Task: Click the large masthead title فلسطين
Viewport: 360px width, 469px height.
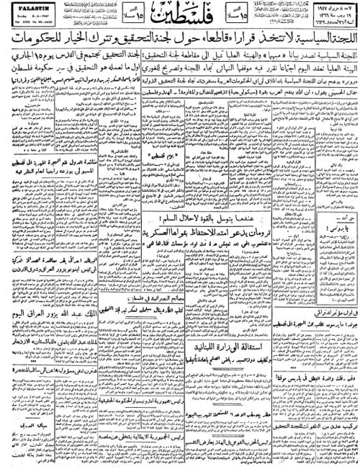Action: click(x=180, y=16)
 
